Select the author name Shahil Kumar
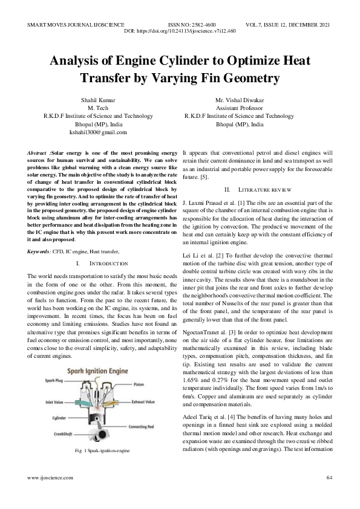98,100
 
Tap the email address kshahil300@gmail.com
98,132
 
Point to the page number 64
329,478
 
